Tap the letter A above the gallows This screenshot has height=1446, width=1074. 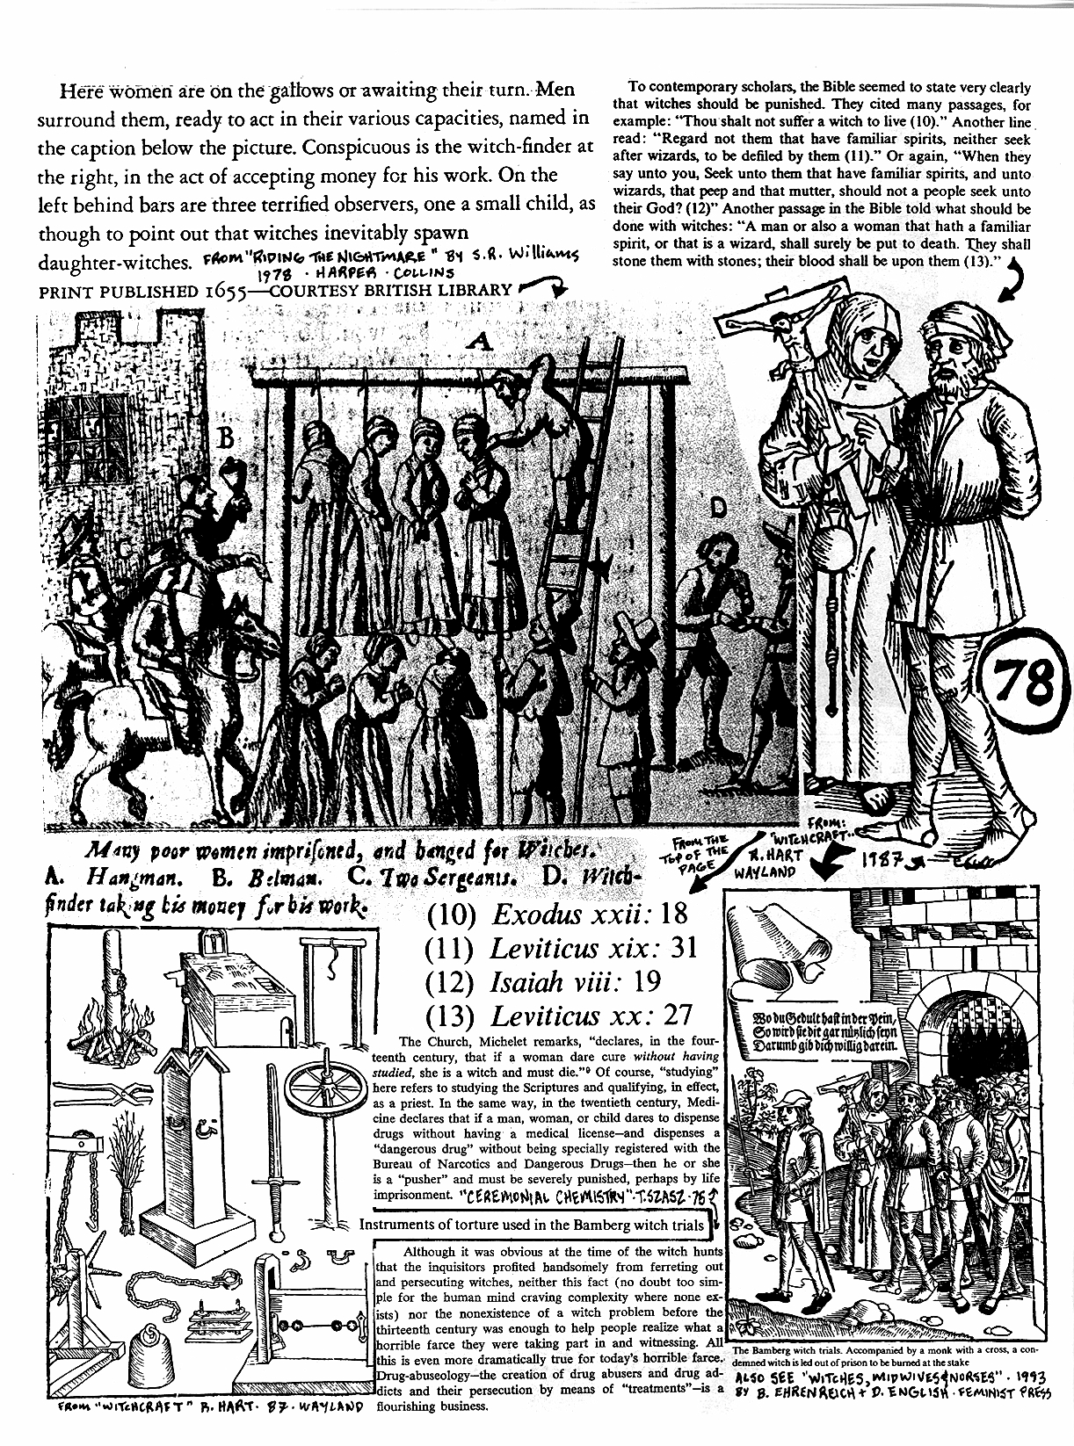coord(479,343)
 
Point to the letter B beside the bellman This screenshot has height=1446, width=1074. coord(225,439)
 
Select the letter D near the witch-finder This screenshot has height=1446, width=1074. coord(719,508)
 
